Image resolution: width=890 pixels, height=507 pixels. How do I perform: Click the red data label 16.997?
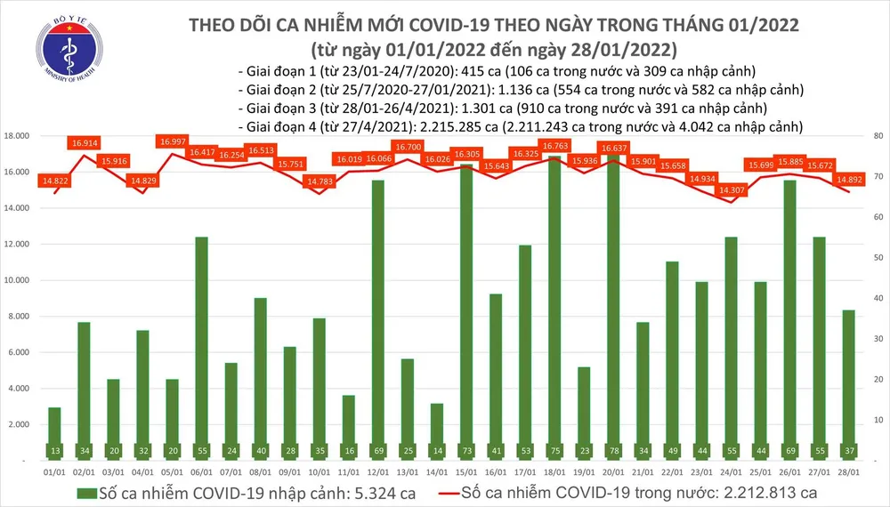(x=170, y=141)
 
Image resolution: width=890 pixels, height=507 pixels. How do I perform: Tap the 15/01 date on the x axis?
(x=465, y=471)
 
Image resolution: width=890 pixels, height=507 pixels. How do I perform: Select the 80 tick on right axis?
(x=877, y=136)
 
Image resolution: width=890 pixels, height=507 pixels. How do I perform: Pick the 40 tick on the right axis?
(x=877, y=299)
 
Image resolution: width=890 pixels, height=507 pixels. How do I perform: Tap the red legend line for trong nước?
(x=458, y=492)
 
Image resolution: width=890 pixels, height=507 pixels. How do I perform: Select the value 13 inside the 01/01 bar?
(x=55, y=451)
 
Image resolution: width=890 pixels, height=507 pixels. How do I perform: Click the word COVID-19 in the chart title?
(x=423, y=27)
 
